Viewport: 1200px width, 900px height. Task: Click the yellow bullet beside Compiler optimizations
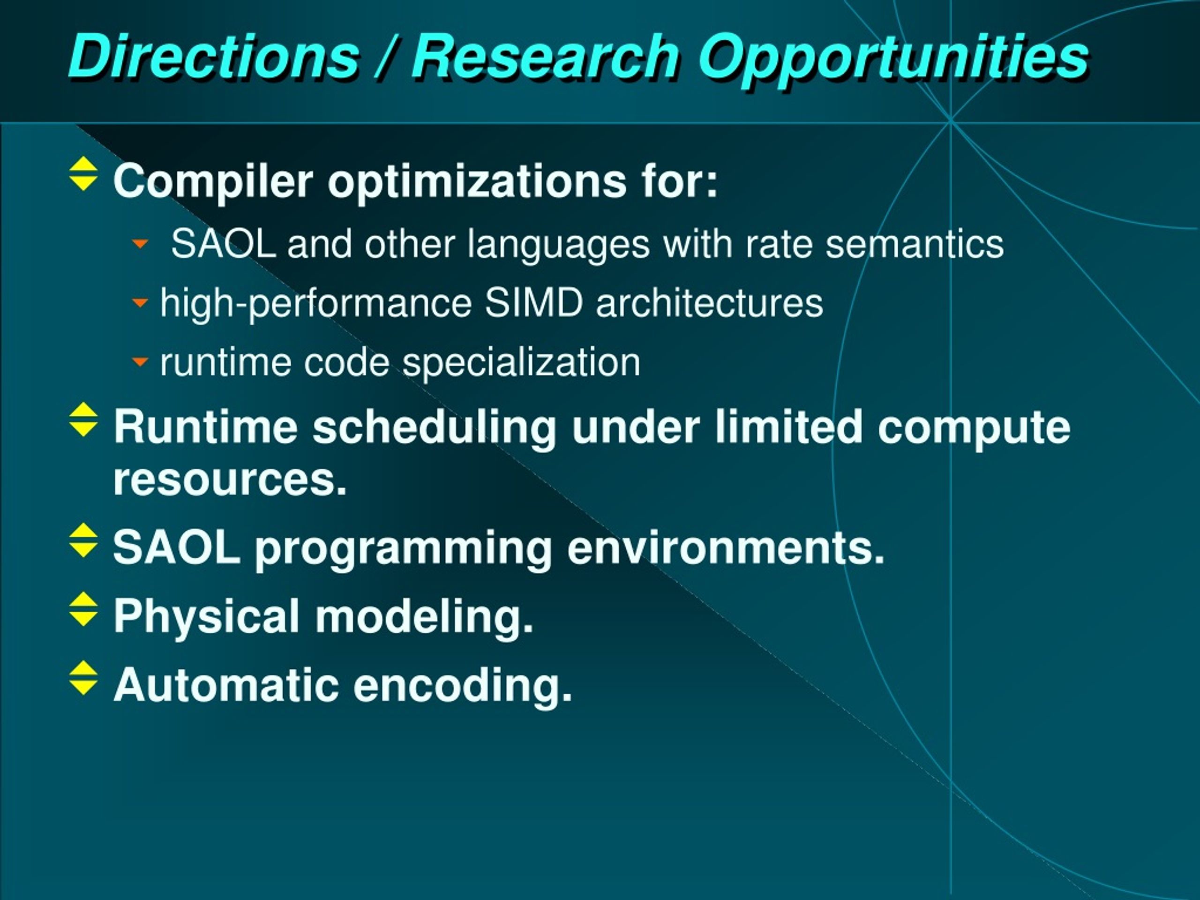(83, 173)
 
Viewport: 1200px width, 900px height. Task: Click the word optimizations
(477, 182)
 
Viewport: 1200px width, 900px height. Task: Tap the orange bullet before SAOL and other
(140, 244)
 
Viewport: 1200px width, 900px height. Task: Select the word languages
(558, 246)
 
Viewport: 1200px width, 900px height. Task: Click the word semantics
(915, 244)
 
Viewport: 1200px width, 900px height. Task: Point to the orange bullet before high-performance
(140, 302)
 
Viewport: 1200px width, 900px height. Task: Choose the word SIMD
(534, 303)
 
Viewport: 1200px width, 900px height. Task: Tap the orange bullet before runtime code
(140, 361)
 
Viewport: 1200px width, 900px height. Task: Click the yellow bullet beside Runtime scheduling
(83, 420)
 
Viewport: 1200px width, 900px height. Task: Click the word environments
(726, 548)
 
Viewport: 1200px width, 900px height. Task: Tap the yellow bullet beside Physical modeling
(83, 609)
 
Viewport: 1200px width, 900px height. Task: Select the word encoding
(463, 685)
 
